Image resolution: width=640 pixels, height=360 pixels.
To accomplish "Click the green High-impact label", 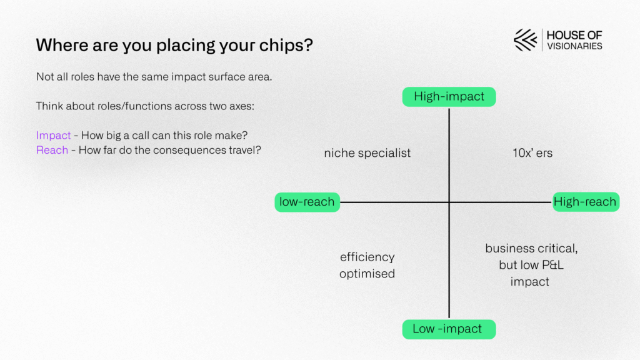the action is pos(449,97).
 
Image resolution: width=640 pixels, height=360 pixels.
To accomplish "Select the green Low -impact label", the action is pos(449,329).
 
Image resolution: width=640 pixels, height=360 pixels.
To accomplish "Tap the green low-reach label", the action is pos(307,202).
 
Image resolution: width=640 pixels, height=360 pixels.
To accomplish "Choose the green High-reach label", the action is pos(586,202).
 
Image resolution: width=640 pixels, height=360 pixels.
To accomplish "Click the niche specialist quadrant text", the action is pos(367,153).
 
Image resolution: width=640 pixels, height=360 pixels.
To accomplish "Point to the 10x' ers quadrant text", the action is pos(532,153).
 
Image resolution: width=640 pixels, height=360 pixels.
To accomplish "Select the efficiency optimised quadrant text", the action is pos(367,265).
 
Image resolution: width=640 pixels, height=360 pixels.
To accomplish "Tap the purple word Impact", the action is pos(54,136).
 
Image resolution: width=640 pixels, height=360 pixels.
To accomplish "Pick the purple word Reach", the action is pos(52,150).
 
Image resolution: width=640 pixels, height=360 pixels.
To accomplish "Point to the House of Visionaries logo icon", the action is pos(525,40).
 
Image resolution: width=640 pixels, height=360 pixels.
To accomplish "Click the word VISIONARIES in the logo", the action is pos(575,46).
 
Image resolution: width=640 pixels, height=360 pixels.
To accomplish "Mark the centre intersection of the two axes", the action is pos(449,202).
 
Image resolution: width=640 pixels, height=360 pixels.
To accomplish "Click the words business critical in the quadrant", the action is pos(531,249).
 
